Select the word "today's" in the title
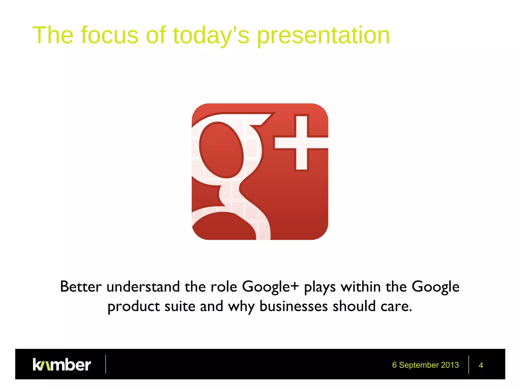[211, 36]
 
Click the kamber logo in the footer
[62, 365]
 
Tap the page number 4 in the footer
[481, 365]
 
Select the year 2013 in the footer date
[450, 365]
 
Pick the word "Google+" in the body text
[270, 287]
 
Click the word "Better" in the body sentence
[81, 287]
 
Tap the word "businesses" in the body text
[294, 306]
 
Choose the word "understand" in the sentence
[143, 287]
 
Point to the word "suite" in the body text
[180, 306]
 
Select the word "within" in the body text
[361, 287]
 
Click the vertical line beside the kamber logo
[106, 364]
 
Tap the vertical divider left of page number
[469, 365]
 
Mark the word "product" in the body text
[134, 306]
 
